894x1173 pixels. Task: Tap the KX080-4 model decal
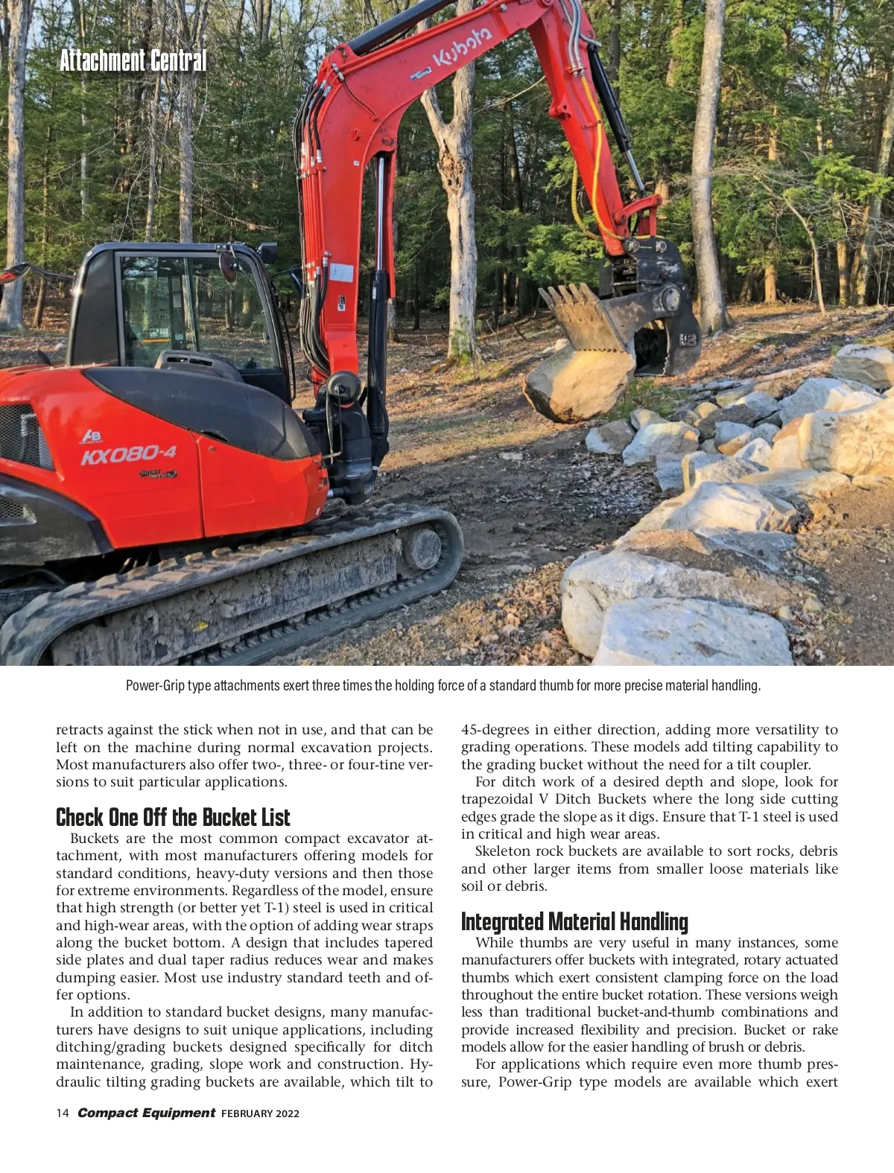pos(129,454)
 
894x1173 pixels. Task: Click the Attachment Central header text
pos(133,60)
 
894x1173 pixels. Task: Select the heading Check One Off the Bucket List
pos(173,817)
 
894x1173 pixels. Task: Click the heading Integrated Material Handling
pos(574,922)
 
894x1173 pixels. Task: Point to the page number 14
pos(62,1113)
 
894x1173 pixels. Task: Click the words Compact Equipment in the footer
pos(146,1113)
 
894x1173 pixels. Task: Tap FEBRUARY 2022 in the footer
pos(260,1113)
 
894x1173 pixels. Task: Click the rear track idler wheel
pos(422,549)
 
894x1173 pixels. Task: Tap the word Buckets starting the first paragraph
pos(95,839)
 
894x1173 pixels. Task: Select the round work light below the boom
pos(343,386)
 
